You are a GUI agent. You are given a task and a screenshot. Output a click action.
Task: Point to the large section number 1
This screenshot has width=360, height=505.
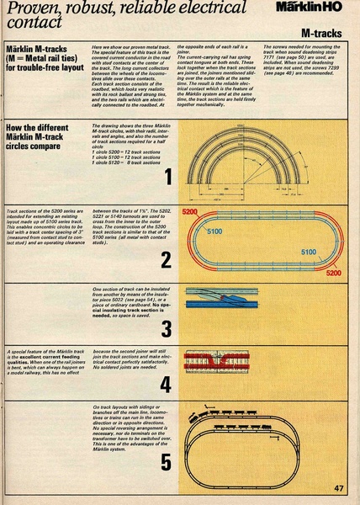pyautogui.click(x=168, y=178)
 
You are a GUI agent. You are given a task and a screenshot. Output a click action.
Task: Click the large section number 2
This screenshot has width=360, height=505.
pyautogui.click(x=167, y=259)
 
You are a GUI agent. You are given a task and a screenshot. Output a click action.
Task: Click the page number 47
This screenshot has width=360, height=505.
pyautogui.click(x=338, y=488)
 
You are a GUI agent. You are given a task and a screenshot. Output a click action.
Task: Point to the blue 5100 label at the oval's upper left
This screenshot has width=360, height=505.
pyautogui.click(x=214, y=231)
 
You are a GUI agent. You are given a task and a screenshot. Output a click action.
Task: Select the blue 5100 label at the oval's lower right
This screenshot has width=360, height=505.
pyautogui.click(x=309, y=251)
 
